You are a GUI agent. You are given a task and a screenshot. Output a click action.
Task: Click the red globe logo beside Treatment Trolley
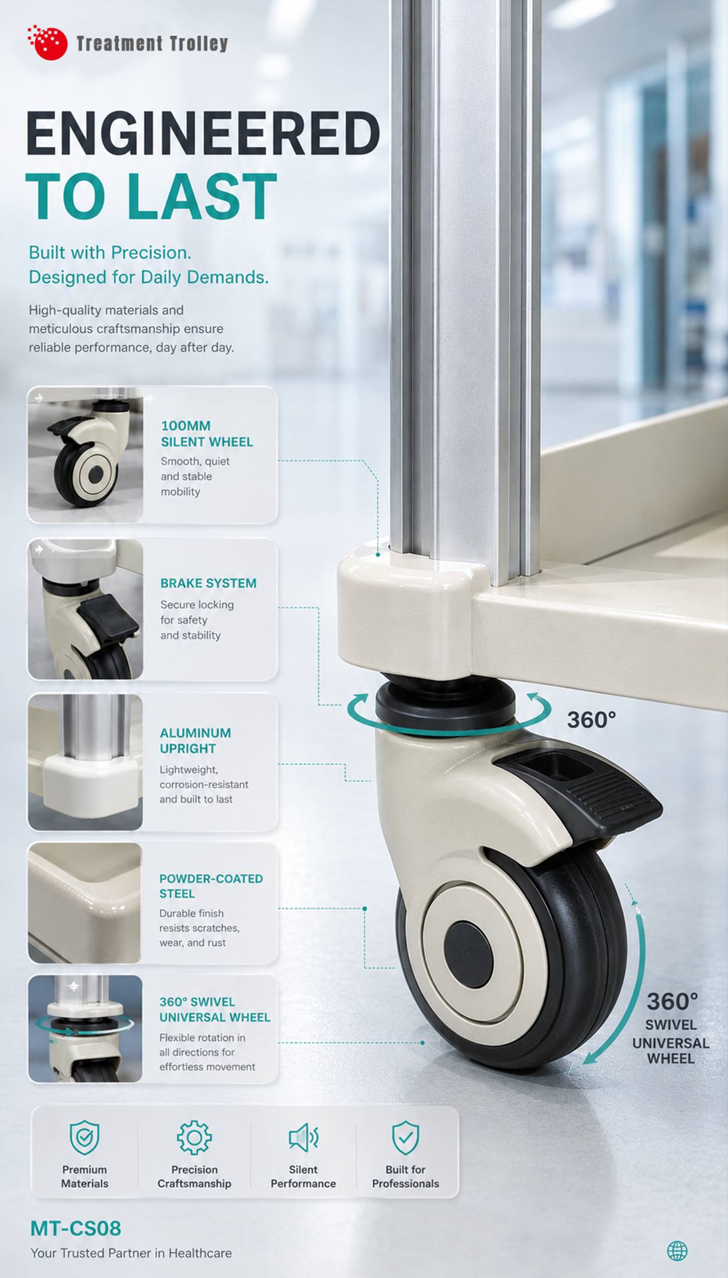tap(47, 43)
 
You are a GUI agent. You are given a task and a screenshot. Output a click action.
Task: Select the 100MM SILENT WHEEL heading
tap(207, 434)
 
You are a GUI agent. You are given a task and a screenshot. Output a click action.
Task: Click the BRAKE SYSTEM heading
tap(208, 583)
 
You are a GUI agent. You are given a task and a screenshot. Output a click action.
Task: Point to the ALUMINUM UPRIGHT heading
tap(195, 740)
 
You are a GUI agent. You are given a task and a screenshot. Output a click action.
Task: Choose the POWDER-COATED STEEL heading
tap(211, 886)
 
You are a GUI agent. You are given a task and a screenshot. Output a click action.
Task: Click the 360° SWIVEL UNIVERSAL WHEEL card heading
tap(215, 1009)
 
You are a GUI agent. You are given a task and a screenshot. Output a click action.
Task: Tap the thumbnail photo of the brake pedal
tap(86, 609)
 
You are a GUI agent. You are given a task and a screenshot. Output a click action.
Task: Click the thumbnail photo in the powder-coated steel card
tap(85, 902)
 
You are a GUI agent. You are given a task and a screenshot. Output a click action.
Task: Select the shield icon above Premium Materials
tap(84, 1137)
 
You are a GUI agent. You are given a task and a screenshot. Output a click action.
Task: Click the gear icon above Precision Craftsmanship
tap(194, 1137)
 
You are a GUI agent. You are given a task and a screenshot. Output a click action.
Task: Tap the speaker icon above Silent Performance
tap(303, 1137)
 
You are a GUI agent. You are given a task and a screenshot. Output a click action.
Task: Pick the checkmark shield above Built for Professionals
tap(406, 1137)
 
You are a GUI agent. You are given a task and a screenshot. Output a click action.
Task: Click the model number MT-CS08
tap(76, 1228)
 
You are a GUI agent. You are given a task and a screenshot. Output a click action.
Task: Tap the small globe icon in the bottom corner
tap(677, 1251)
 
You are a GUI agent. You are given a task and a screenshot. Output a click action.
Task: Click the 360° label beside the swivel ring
tap(591, 720)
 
